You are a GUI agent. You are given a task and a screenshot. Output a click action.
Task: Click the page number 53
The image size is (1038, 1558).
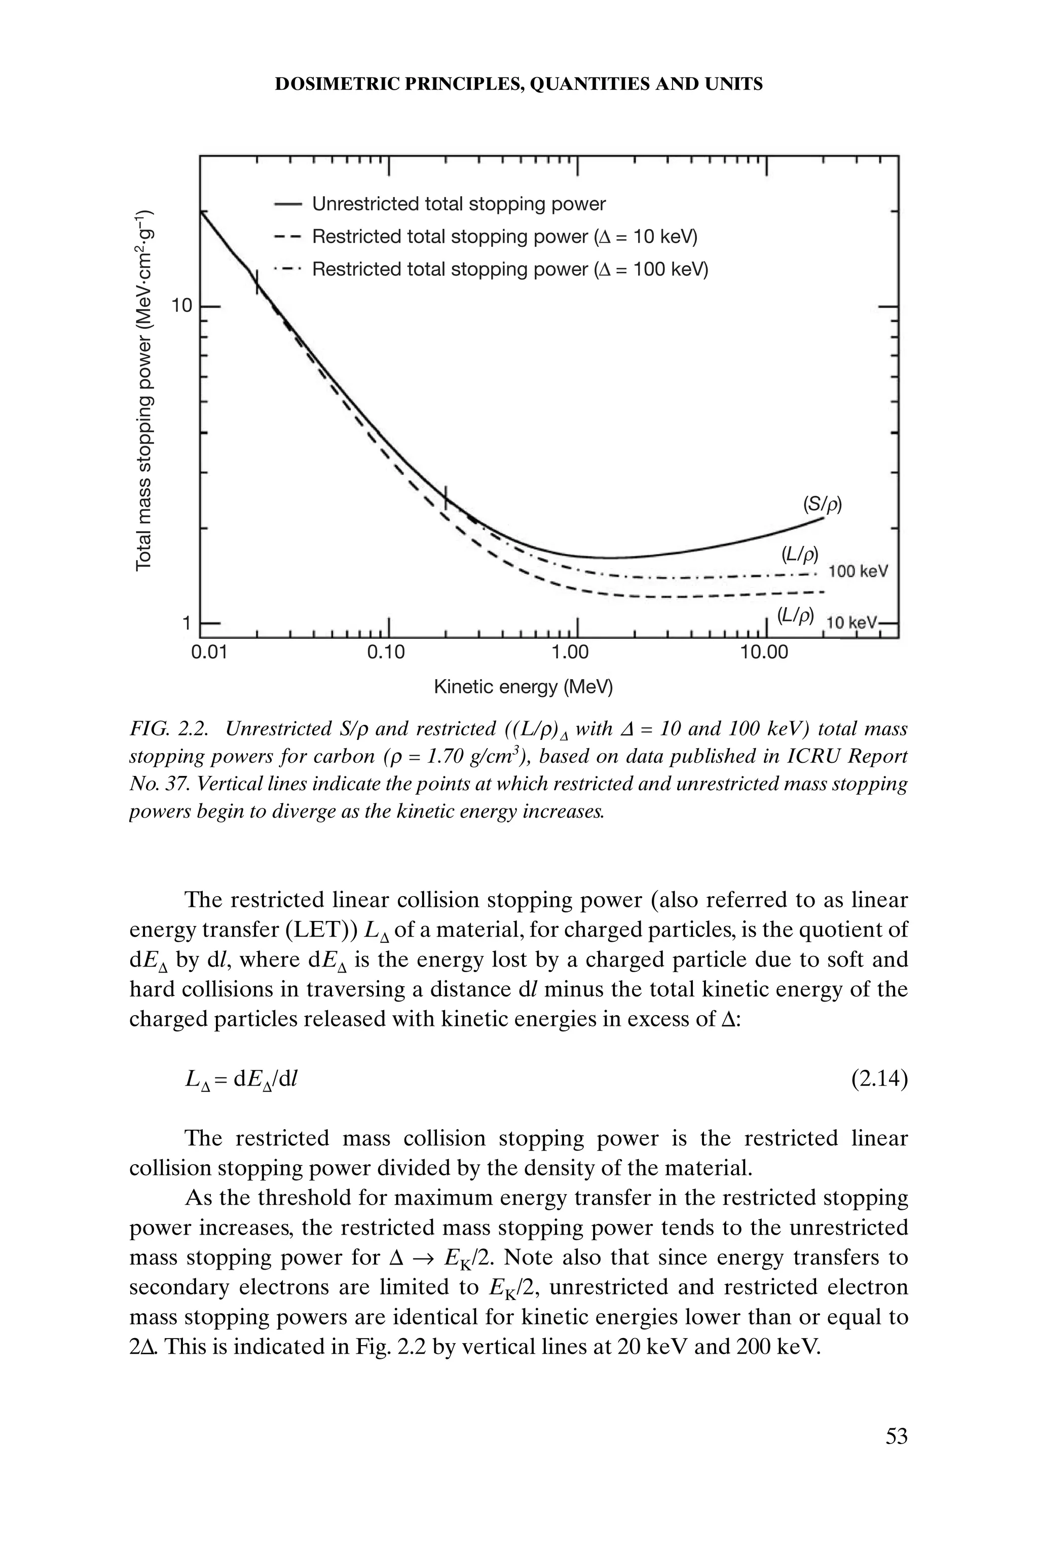point(896,1436)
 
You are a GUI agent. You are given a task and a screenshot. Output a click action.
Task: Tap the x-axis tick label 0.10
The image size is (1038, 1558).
point(385,653)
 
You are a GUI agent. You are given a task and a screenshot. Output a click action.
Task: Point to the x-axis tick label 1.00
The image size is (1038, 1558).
point(570,653)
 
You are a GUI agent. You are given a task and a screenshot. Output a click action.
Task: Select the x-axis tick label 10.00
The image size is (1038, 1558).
point(764,653)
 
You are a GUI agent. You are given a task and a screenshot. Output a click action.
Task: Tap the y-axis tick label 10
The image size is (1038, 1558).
point(181,306)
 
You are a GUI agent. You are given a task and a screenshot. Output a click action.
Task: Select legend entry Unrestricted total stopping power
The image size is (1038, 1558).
point(458,204)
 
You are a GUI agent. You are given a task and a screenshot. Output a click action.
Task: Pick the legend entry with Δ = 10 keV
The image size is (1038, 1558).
point(504,236)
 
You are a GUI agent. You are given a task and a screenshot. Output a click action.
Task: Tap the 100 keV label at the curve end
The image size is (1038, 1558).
point(858,571)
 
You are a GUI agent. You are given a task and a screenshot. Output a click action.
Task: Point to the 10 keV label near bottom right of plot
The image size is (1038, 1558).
point(852,623)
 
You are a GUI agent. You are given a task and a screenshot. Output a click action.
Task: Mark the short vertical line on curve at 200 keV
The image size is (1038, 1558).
point(446,496)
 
